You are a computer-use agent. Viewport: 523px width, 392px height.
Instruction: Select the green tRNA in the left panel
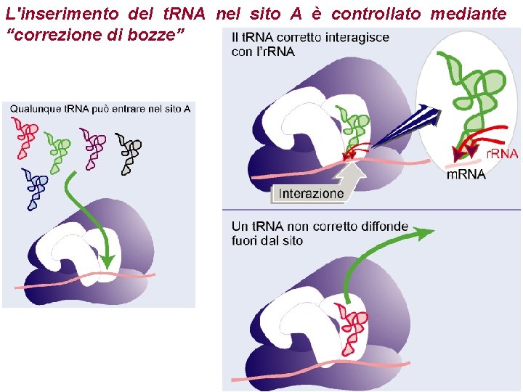pos(57,151)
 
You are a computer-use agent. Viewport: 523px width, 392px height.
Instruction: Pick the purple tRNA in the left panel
pos(94,148)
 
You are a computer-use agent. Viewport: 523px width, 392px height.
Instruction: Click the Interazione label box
pos(311,194)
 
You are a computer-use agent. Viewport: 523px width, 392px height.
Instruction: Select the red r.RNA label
pos(501,154)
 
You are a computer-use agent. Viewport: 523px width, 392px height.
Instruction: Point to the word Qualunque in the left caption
pos(36,109)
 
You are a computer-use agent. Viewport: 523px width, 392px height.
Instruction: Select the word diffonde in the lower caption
pos(384,226)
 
